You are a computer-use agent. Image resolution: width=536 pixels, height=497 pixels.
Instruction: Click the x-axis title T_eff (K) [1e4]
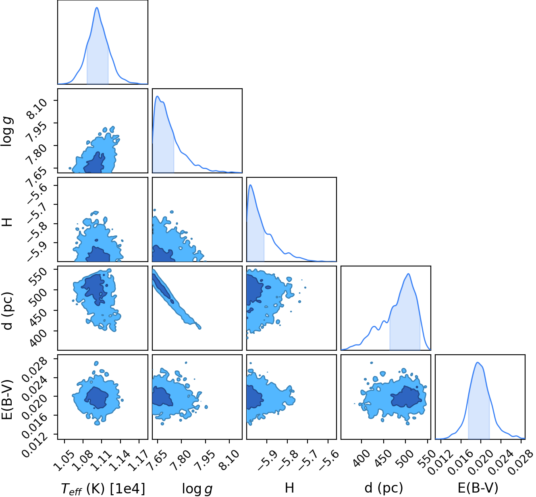(x=103, y=488)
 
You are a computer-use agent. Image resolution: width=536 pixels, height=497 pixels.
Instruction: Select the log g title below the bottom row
(x=197, y=489)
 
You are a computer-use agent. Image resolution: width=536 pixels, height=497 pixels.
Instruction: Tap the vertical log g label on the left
(x=7, y=131)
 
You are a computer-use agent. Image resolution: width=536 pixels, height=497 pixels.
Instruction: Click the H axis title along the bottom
(x=289, y=488)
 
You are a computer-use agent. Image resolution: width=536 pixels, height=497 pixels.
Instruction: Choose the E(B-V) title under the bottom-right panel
(x=478, y=488)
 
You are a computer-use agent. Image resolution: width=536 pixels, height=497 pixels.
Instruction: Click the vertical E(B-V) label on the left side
(x=8, y=399)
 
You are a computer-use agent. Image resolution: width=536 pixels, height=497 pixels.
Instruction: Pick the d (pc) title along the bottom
(x=384, y=488)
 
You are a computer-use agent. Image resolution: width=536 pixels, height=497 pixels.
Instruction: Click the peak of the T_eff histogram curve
(x=97, y=7)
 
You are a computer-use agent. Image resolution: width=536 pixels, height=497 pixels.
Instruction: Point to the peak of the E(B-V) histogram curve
(x=478, y=362)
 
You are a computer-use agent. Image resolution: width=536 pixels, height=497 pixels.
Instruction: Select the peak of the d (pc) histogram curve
(x=408, y=274)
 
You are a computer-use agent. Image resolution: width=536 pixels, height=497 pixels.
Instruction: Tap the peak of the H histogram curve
(x=251, y=185)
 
